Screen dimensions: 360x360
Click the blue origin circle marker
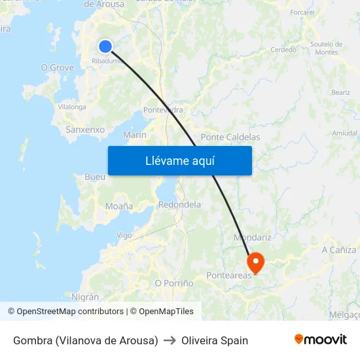coord(105,46)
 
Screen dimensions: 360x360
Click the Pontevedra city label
coord(163,110)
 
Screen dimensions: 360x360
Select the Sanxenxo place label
coord(85,130)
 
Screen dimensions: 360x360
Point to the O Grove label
coord(57,67)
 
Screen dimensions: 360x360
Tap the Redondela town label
coord(179,205)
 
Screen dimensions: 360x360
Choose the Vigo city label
coord(124,236)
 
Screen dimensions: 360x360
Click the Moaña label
coord(118,206)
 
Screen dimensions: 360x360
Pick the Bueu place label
coord(95,177)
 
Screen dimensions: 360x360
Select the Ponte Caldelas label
coord(230,137)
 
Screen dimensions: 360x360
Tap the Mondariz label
coord(253,237)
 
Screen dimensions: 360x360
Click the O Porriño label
coord(173,283)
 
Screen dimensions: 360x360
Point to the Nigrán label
coord(85,297)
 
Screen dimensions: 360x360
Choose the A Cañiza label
coord(339,250)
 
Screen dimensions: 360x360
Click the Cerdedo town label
coord(283,50)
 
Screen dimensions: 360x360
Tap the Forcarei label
coord(302,12)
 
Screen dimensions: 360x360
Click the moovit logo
coord(321,339)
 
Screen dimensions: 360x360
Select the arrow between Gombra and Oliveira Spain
coord(170,340)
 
